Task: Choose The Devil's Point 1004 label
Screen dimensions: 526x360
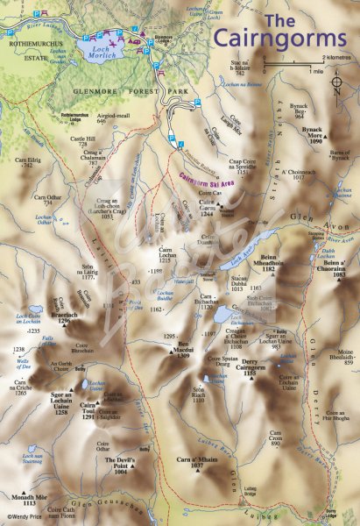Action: (x=121, y=464)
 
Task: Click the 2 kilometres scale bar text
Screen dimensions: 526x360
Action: (x=337, y=58)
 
